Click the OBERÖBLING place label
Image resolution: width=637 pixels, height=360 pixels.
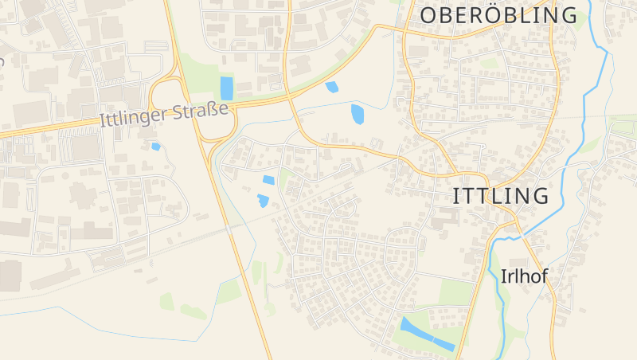pos(498,15)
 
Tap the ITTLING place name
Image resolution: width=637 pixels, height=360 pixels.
pos(501,196)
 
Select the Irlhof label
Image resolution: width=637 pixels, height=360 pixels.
pos(526,276)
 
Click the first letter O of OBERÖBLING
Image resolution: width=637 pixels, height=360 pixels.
pos(428,15)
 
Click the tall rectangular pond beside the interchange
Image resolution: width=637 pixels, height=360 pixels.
pos(227,88)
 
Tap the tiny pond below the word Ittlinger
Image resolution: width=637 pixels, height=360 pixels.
pos(156,147)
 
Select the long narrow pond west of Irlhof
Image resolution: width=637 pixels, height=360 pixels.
pos(427,335)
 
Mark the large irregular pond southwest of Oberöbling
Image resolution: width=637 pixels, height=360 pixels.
pos(357,114)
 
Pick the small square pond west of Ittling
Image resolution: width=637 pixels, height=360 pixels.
pos(269,180)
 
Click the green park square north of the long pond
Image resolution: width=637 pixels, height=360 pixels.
pos(455,292)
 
